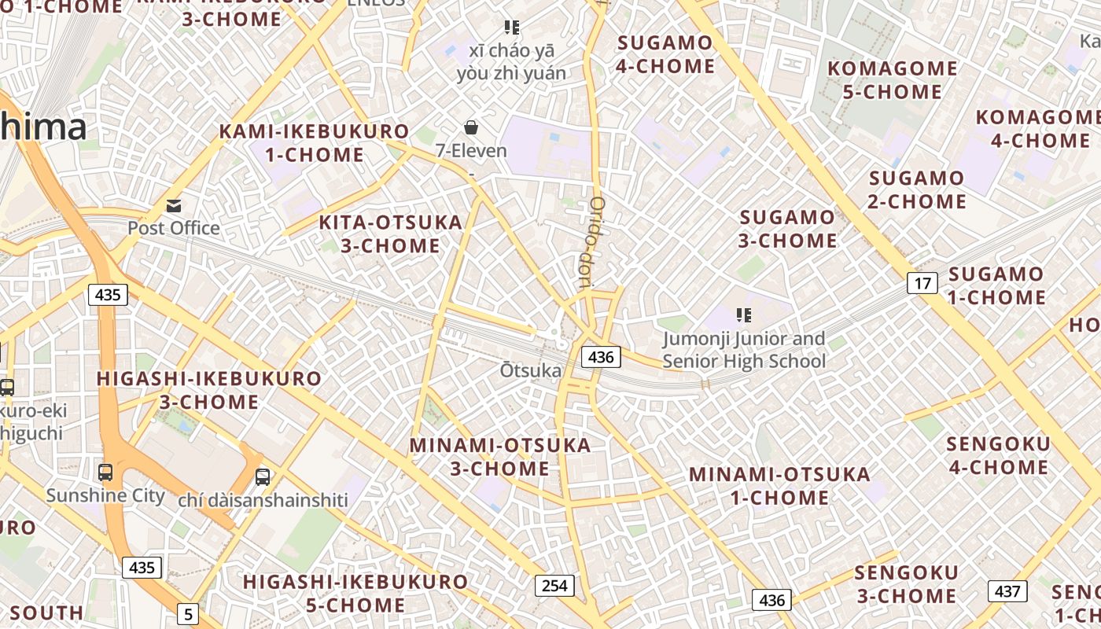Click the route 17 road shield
922,282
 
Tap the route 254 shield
554,586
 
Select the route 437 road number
1007,591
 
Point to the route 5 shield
187,614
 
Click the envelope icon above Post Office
174,206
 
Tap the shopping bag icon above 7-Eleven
471,127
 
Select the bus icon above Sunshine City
105,473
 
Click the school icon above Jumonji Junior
743,316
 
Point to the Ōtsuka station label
531,370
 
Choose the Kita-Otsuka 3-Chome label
391,234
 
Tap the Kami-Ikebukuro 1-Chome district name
315,143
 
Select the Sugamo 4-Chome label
665,54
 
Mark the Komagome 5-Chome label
893,80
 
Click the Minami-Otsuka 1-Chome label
779,486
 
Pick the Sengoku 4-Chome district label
998,455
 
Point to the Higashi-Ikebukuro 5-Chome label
355,594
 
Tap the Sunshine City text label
105,496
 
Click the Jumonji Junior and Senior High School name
744,351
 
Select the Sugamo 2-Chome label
917,189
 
